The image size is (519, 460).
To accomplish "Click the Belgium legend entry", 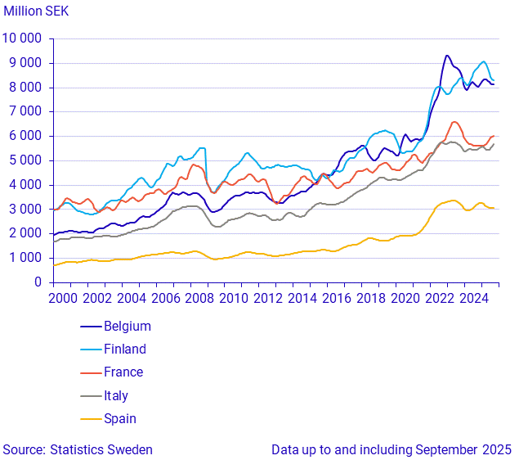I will pos(127,326).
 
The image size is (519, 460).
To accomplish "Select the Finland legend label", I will pos(124,350).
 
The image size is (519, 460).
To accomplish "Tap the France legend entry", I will pos(123,372).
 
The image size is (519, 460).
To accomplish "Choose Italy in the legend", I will pos(116,396).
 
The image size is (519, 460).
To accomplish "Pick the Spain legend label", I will pos(119,419).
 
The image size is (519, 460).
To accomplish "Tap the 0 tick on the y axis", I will pos(38,282).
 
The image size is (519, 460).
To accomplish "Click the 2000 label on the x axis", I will pos(62,299).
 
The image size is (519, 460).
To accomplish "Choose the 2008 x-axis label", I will pos(199,299).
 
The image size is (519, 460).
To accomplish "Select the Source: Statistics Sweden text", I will pos(78,449).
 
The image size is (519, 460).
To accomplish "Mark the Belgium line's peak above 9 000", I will pos(446,56).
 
